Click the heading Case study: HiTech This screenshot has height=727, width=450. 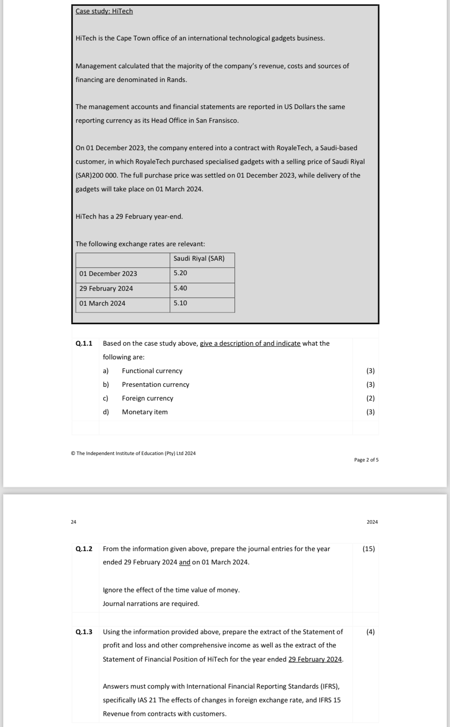pyautogui.click(x=104, y=11)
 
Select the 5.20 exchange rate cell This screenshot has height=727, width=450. pyautogui.click(x=180, y=273)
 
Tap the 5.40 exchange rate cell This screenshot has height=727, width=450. pyautogui.click(x=180, y=288)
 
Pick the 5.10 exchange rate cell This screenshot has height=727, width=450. pyautogui.click(x=180, y=303)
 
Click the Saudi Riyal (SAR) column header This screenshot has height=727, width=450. pyautogui.click(x=199, y=258)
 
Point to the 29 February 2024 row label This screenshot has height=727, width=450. pyautogui.click(x=106, y=288)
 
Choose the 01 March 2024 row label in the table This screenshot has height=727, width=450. pyautogui.click(x=102, y=303)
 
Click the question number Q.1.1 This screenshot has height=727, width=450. pyautogui.click(x=84, y=343)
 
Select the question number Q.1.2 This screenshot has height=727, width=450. pyautogui.click(x=84, y=549)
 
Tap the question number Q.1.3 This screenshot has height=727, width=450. pyautogui.click(x=84, y=632)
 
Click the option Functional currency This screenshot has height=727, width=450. pyautogui.click(x=152, y=371)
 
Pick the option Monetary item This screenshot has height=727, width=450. pyautogui.click(x=145, y=412)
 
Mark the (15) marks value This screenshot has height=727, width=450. pyautogui.click(x=369, y=549)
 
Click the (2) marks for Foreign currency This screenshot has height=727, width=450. pyautogui.click(x=370, y=398)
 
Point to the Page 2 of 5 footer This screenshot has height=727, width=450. pyautogui.click(x=366, y=460)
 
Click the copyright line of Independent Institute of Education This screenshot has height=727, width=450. pyautogui.click(x=133, y=453)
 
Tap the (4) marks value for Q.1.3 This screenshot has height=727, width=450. pyautogui.click(x=370, y=632)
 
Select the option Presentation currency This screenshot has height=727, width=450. pyautogui.click(x=155, y=384)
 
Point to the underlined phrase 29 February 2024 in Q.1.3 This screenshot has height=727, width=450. pyautogui.click(x=315, y=659)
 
